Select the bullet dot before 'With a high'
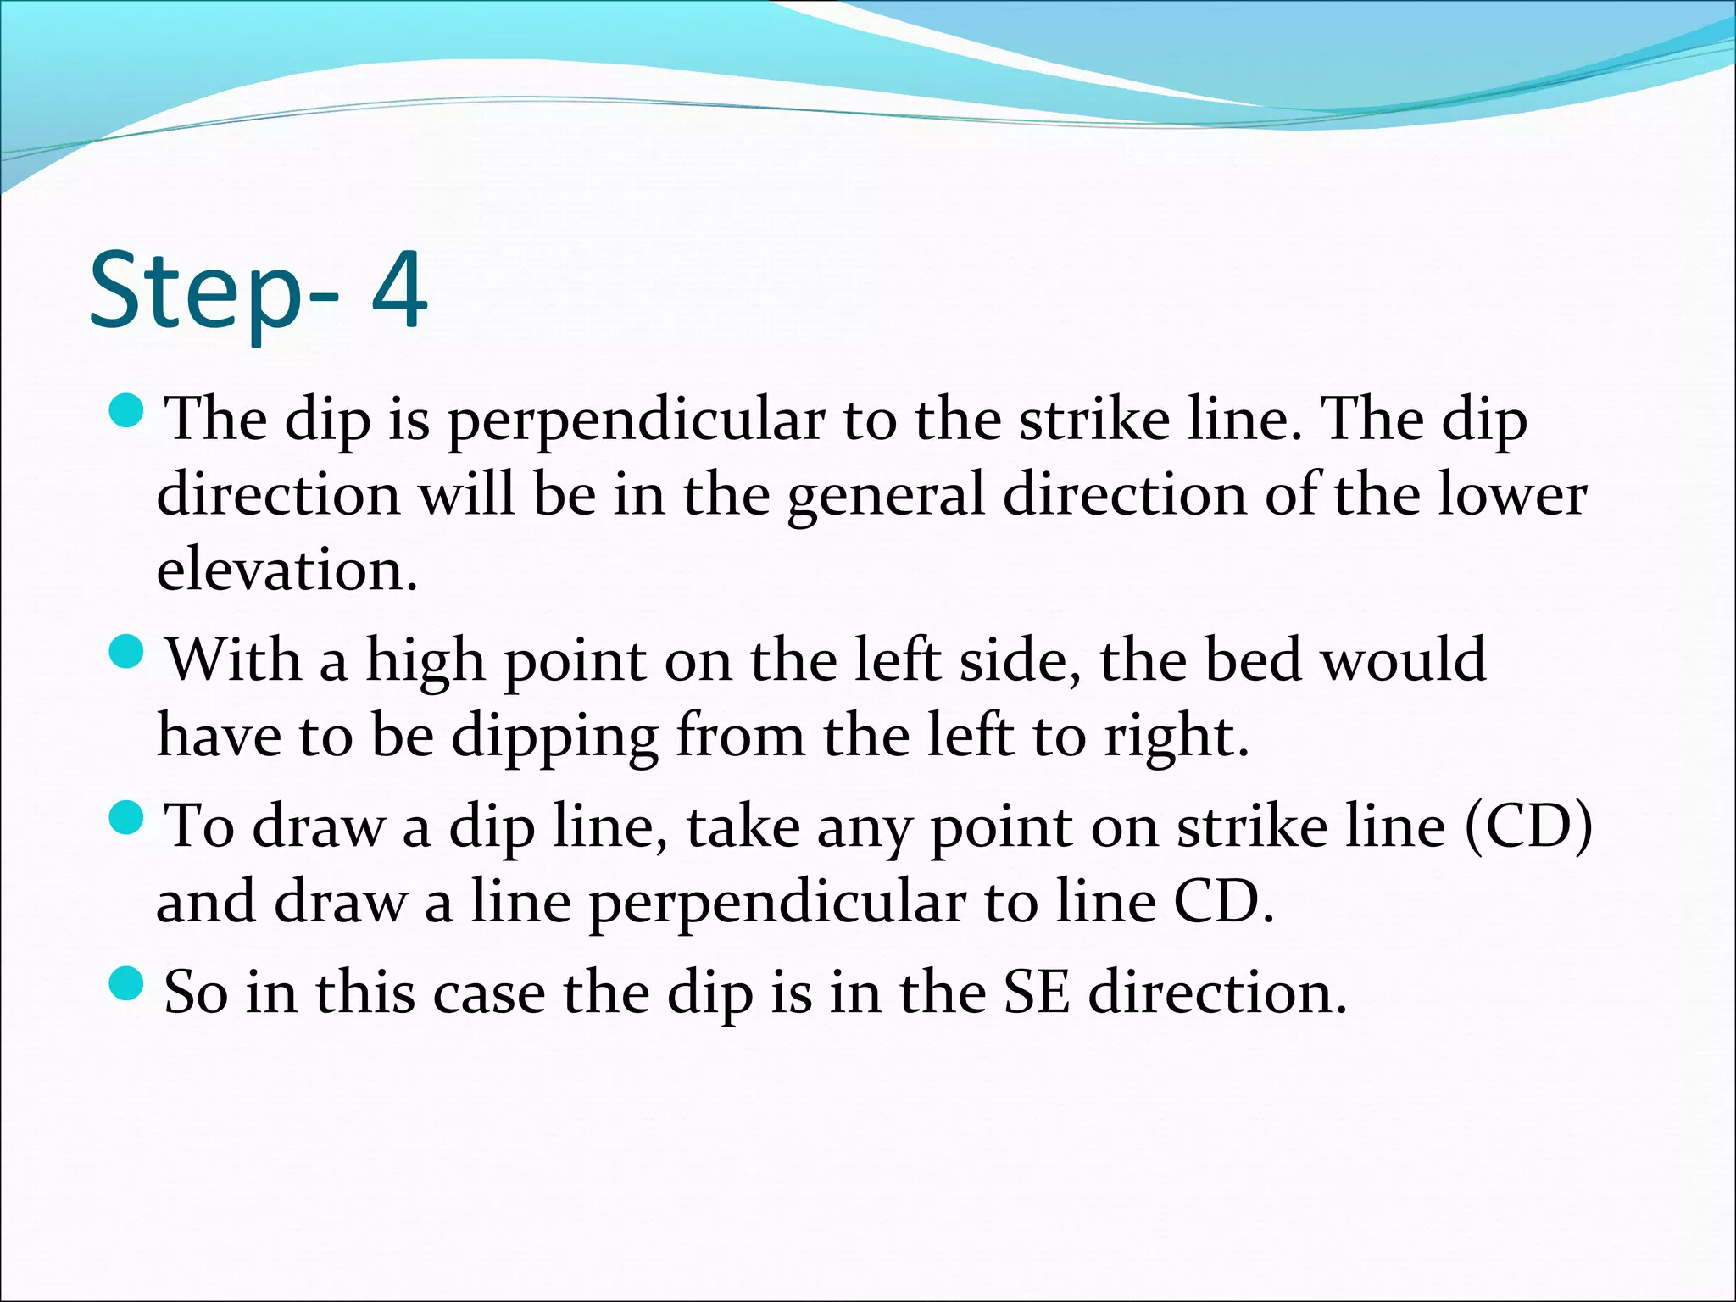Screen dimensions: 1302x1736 coord(128,652)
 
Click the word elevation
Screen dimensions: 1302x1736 coord(287,569)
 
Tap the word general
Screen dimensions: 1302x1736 coord(886,496)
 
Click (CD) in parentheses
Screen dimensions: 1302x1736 coord(1528,826)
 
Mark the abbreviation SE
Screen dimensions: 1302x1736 coord(1035,992)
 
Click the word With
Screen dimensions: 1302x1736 coord(233,659)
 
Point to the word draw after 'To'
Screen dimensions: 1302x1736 coord(319,826)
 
